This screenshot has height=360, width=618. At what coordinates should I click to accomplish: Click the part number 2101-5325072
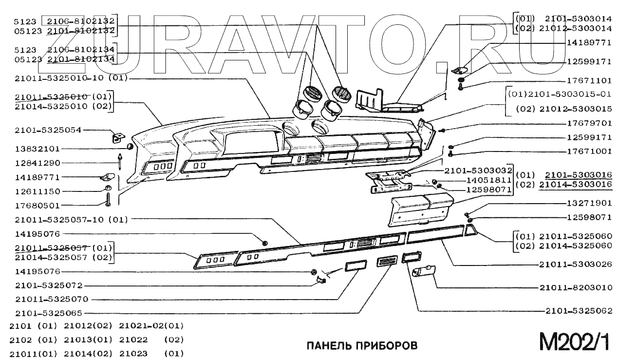point(48,285)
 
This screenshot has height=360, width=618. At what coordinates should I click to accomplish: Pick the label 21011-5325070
point(52,299)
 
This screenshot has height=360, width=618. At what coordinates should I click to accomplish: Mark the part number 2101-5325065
point(48,313)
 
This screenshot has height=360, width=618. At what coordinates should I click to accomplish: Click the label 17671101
point(589,80)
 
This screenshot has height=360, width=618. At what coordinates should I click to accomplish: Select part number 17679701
point(589,123)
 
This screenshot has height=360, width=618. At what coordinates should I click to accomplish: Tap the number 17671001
point(589,152)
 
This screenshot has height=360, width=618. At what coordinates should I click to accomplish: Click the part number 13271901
point(589,203)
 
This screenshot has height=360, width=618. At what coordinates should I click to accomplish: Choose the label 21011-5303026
point(576,265)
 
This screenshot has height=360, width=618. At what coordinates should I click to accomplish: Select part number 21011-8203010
point(576,287)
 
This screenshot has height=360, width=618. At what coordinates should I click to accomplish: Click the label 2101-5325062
point(579,310)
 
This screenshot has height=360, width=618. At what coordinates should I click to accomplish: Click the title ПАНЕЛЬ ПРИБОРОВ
point(361,346)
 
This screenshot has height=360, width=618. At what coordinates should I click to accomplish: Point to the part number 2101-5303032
point(478,171)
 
